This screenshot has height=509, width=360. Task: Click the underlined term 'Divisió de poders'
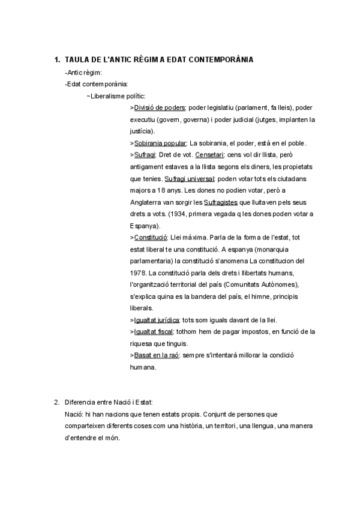click(x=160, y=107)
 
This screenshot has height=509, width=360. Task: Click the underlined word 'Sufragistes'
click(x=220, y=202)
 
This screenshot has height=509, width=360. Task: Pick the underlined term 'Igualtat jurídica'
click(x=157, y=319)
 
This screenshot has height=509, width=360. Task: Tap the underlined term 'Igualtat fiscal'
click(x=155, y=331)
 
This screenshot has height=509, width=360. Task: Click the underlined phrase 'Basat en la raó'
click(x=155, y=355)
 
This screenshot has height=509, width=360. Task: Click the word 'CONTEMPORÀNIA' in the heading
click(x=217, y=60)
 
